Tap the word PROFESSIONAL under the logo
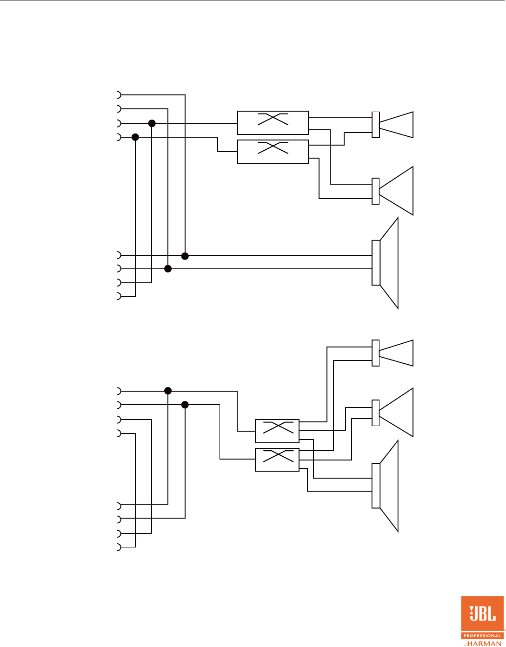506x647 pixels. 482,635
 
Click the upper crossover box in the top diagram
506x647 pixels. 273,123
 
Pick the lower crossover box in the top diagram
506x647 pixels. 273,152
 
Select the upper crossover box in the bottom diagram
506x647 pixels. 277,431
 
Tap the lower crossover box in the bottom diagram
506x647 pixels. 277,460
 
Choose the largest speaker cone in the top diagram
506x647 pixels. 388,263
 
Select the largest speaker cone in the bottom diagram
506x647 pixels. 388,486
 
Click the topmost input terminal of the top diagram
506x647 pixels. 118,95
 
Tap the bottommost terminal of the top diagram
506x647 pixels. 118,296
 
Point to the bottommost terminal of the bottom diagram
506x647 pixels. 118,547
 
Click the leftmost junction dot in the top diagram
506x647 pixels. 135,137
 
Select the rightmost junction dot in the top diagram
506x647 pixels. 185,256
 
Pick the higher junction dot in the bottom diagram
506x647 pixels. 168,391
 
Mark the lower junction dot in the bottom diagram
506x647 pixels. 185,405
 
